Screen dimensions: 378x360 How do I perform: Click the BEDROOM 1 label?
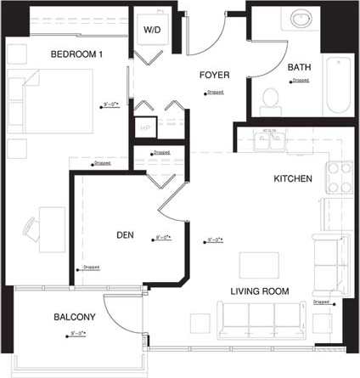[76, 54]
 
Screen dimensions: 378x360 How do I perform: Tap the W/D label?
[152, 30]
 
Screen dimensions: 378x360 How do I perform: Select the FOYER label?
[214, 75]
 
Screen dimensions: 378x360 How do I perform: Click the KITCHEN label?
[293, 179]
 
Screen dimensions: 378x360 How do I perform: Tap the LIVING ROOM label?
[260, 291]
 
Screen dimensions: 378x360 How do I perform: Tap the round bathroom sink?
[300, 18]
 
